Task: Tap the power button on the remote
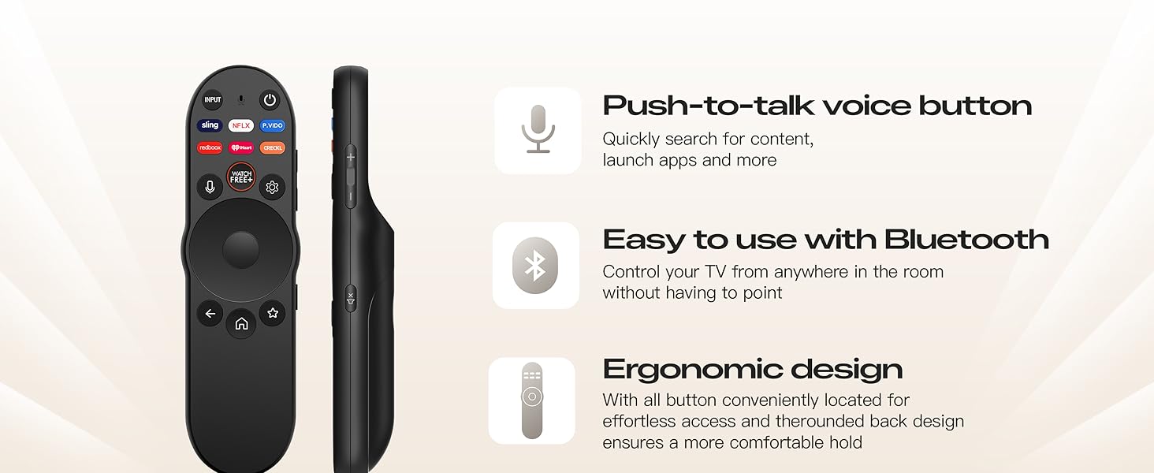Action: (x=270, y=100)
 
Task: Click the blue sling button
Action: (x=210, y=125)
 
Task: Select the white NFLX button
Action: (x=241, y=125)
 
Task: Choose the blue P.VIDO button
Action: (x=273, y=125)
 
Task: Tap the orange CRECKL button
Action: (x=273, y=147)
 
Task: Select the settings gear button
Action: (x=273, y=187)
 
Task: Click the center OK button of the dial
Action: (x=241, y=250)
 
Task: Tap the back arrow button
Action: (x=210, y=313)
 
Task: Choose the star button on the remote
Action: (x=273, y=313)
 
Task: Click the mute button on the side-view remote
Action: (x=351, y=297)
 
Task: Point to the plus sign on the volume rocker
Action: (x=351, y=158)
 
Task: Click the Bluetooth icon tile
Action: (x=536, y=266)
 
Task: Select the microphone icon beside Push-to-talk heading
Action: (x=538, y=130)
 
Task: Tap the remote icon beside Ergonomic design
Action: (x=532, y=400)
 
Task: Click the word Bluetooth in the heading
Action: (x=966, y=239)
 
